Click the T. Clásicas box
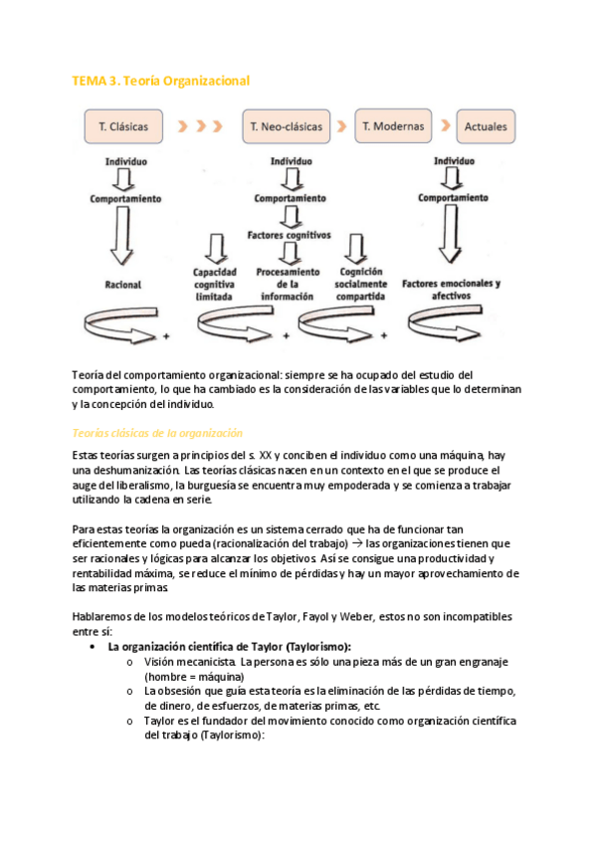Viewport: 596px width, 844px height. coord(123,126)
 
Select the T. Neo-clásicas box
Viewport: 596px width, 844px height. coord(287,126)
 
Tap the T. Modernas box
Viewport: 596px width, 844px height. coord(393,126)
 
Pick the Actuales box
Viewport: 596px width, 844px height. coord(486,126)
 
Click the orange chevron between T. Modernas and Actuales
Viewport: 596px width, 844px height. coord(446,125)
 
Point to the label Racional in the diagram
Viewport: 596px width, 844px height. coord(123,285)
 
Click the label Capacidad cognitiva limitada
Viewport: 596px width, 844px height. coord(215,285)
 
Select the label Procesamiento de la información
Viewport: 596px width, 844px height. coord(288,285)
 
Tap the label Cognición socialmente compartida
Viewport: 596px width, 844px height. coord(361,285)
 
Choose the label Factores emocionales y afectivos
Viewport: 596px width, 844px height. coord(452,290)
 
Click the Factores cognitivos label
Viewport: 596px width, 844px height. coord(290,235)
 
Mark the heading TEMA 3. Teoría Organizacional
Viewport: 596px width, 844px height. coord(161,82)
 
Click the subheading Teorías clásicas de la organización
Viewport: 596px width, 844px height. coord(157,433)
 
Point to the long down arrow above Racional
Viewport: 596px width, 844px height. coord(122,236)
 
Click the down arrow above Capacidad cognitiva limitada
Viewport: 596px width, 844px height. coord(216,248)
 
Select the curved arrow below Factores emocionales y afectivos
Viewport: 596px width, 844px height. coord(445,322)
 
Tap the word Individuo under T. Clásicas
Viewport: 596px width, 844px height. coord(126,161)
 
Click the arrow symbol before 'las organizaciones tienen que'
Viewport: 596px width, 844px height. coord(356,543)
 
